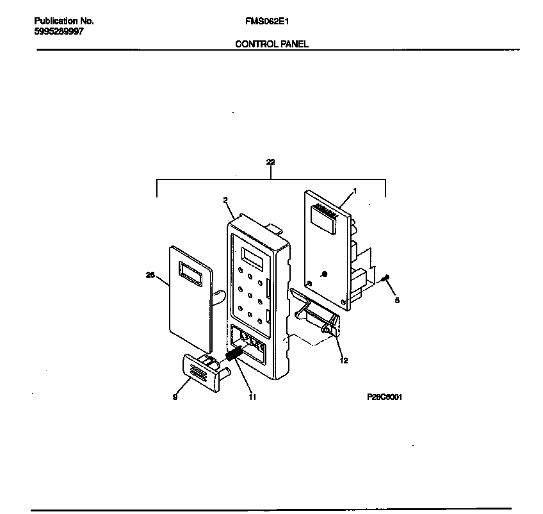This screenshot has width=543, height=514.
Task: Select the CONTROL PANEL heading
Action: [x=271, y=44]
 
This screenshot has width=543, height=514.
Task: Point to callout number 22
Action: [x=270, y=163]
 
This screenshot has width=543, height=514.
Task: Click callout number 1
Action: [x=355, y=190]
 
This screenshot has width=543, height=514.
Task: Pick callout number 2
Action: [x=226, y=200]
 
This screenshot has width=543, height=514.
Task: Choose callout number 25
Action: [x=150, y=275]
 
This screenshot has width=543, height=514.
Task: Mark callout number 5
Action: [x=396, y=299]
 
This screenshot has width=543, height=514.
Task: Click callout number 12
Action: [x=344, y=360]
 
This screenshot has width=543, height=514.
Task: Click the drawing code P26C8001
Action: [x=384, y=397]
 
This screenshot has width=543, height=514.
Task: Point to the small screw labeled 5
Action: [x=384, y=279]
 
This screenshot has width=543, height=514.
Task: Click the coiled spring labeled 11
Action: [x=234, y=354]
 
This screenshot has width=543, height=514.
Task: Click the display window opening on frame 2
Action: [x=252, y=258]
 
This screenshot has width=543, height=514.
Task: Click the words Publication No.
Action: [x=63, y=21]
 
